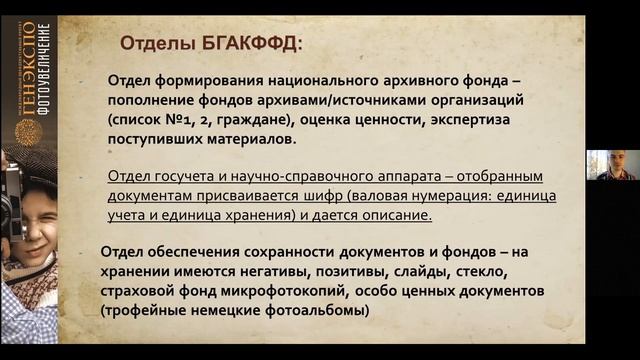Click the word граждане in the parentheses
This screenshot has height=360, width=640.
241,120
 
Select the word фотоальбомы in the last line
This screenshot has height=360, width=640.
318,310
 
